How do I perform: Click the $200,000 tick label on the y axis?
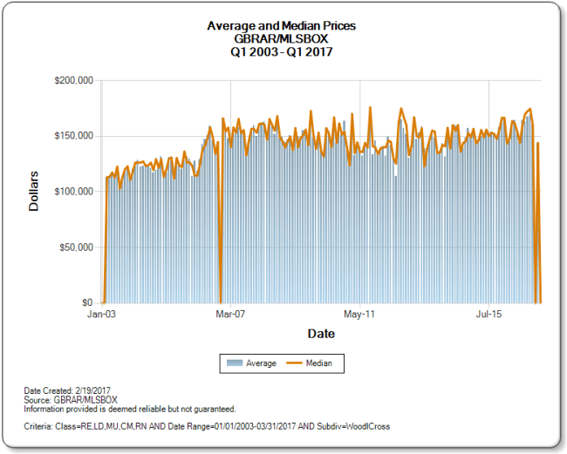point(73,80)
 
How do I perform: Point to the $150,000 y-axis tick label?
point(73,136)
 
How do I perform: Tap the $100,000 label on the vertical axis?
point(73,192)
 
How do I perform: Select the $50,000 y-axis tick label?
point(76,247)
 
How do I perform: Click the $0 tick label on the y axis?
point(86,302)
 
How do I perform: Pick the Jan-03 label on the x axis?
point(103,313)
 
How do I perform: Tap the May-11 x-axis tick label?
point(359,313)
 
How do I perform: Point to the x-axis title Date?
point(320,334)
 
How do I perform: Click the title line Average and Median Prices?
point(281,26)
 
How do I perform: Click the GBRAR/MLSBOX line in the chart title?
point(281,38)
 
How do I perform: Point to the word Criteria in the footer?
point(40,427)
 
